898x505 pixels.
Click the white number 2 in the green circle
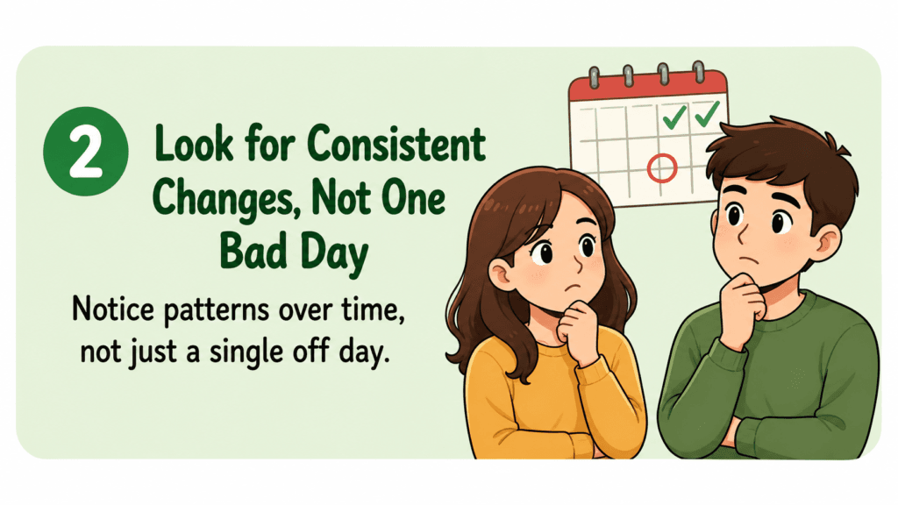coord(86,153)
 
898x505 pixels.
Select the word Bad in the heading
coord(253,251)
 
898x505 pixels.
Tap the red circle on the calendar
coord(662,168)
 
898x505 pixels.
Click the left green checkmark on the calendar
coord(674,117)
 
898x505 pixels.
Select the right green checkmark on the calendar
coord(708,113)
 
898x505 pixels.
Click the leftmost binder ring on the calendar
coord(594,77)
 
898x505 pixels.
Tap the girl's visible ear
coord(499,274)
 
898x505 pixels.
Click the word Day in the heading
coord(335,255)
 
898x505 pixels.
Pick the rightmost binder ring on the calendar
coord(699,72)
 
